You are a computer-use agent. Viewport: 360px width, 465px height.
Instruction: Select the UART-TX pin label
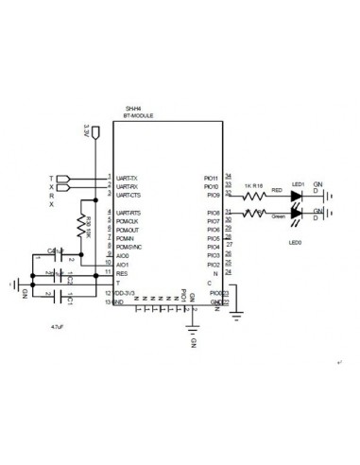click(x=128, y=178)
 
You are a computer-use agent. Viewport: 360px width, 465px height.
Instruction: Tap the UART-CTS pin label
click(x=129, y=195)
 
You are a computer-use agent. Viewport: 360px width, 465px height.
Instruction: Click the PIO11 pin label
click(x=211, y=178)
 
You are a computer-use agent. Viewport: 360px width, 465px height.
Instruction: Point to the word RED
click(x=277, y=190)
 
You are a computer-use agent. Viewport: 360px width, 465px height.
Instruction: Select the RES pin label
click(x=121, y=272)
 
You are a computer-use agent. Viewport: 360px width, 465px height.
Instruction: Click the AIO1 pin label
click(x=123, y=264)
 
